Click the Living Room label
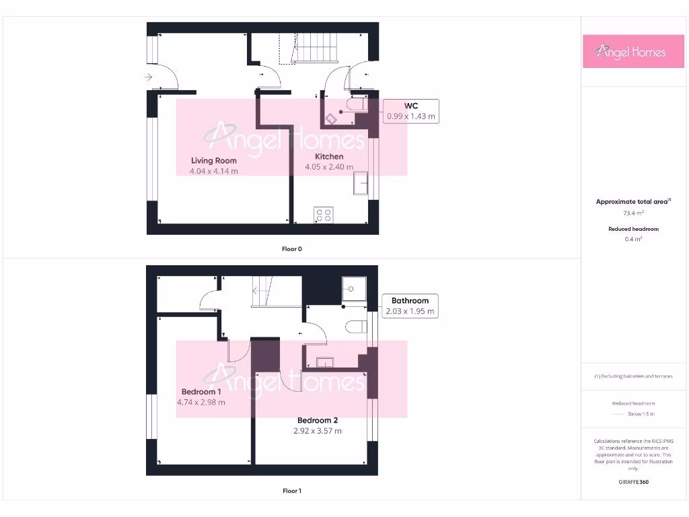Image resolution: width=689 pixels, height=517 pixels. [213, 160]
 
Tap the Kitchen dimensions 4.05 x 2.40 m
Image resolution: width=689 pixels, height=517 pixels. [329, 167]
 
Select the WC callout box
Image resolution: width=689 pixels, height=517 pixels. [410, 110]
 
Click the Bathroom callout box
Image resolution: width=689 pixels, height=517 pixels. [410, 306]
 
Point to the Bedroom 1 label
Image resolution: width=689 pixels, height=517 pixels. [201, 392]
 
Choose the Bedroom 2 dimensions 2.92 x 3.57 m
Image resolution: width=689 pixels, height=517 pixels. [318, 431]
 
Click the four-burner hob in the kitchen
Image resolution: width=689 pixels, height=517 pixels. [323, 215]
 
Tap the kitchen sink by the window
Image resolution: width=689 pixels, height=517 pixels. [361, 183]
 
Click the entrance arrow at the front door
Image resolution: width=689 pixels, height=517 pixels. [148, 77]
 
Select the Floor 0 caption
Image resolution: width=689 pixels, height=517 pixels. [292, 249]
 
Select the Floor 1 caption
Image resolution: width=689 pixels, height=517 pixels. [292, 491]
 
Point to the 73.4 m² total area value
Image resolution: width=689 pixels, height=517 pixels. [629, 213]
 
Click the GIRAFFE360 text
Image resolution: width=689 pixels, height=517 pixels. [632, 482]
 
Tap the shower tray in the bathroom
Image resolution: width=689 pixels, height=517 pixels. [353, 287]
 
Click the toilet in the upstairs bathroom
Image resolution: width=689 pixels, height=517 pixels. [355, 327]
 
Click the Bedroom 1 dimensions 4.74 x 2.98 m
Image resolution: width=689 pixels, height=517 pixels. [201, 403]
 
